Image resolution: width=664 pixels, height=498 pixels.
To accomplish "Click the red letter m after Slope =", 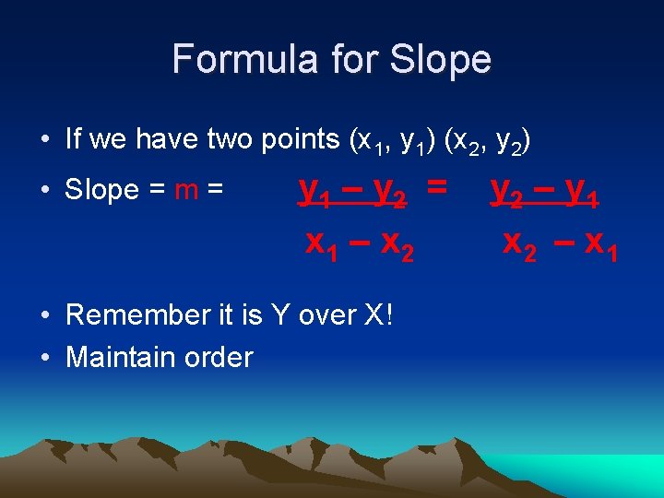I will [187, 190].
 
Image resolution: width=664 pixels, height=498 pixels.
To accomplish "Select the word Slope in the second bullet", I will [102, 190].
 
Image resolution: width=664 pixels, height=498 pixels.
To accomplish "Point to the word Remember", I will [136, 314].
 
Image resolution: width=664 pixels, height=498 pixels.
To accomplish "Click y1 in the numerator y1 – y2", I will [312, 192].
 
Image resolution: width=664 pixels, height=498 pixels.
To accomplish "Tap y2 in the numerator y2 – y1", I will [504, 192].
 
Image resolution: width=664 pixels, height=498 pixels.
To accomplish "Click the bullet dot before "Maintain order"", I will [44, 358].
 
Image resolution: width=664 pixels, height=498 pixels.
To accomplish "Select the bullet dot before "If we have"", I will [44, 140].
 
